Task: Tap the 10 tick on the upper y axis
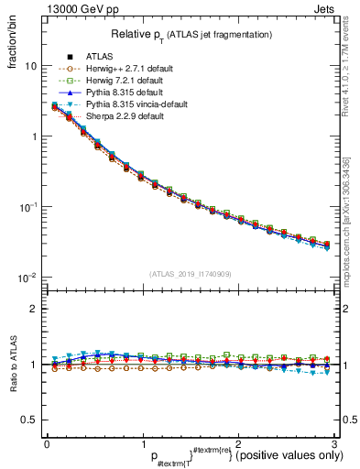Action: (x=31, y=66)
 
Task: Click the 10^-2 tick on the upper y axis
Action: (x=27, y=278)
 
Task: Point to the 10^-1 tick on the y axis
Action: (x=27, y=207)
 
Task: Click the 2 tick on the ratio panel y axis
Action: (x=33, y=309)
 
